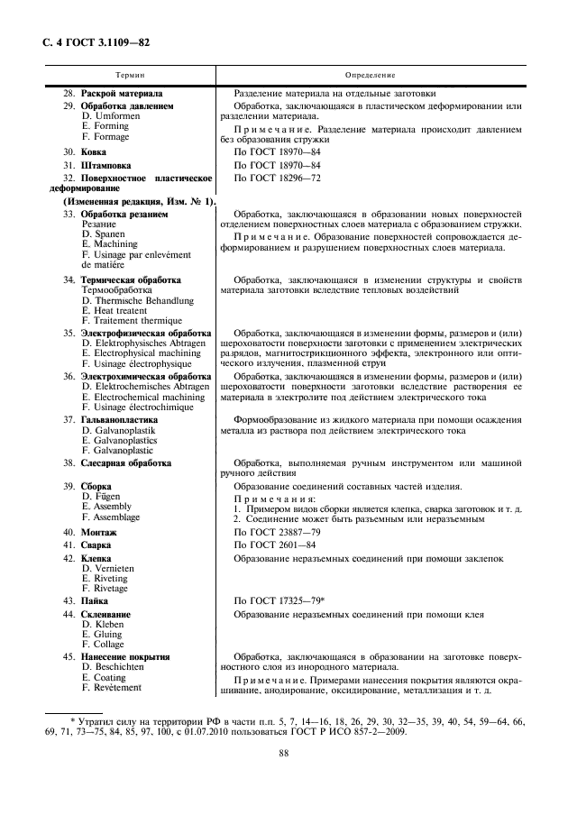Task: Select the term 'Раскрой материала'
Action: pyautogui.click(x=122, y=93)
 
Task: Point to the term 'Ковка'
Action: pyautogui.click(x=94, y=152)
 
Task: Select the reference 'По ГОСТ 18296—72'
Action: pyautogui.click(x=277, y=179)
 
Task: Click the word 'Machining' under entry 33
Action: pyautogui.click(x=115, y=244)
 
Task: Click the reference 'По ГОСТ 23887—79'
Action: pyautogui.click(x=277, y=533)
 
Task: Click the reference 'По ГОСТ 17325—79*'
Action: pyautogui.click(x=279, y=600)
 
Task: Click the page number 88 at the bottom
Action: pyautogui.click(x=283, y=754)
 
